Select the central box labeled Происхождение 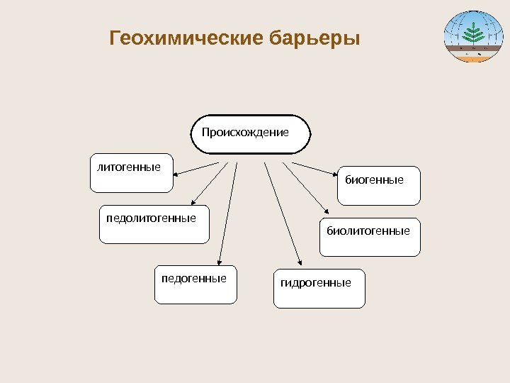tap(251, 135)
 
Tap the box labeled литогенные tap(131, 173)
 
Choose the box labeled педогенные tap(195, 285)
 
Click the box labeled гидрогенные tap(319, 289)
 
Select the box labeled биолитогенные tap(370, 237)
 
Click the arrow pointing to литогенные tap(197, 168)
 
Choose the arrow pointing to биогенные tap(314, 168)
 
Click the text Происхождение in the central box tap(245, 132)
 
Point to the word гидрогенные tap(316, 283)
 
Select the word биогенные tap(374, 180)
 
